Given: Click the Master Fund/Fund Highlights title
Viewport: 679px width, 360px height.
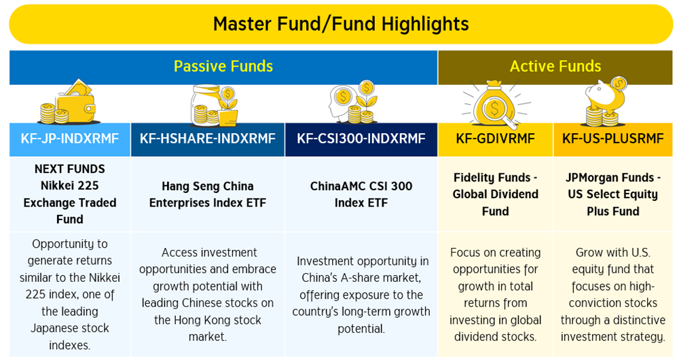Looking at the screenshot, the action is coord(341,24).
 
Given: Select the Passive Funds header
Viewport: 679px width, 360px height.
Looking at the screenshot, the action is coord(223,67).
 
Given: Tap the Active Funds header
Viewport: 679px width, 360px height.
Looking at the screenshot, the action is coord(555,67).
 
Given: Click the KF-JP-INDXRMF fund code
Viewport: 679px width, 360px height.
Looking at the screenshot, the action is coord(70,139).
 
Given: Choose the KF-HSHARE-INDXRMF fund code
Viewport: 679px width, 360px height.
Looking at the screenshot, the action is coord(207,139).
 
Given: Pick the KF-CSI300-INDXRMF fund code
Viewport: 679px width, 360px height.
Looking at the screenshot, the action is coord(361,139).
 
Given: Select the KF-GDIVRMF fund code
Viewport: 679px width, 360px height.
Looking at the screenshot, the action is coord(496,139).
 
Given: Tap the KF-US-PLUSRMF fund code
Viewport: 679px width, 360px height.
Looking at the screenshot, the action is coord(612,139).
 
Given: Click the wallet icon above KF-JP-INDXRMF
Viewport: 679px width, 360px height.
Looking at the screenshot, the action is coord(69,103).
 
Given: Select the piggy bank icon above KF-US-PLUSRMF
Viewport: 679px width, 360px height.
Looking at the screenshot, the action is coord(607,103).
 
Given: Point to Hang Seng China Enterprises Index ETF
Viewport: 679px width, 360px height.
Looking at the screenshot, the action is coord(207,194).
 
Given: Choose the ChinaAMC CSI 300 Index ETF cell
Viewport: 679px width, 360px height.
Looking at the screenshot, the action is coord(361,194).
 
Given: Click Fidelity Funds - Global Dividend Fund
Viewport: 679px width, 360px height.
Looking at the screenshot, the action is coord(496,194).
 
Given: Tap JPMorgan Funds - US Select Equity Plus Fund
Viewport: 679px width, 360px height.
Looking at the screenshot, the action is coord(612,194).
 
